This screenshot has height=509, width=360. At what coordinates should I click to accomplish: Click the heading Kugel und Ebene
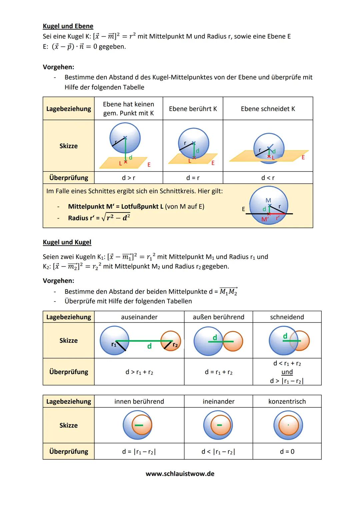point(68,26)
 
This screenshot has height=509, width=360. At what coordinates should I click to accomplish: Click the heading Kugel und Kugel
point(67,242)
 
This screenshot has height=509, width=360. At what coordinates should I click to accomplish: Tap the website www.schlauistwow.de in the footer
point(180,473)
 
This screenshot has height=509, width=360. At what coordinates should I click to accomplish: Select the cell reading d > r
point(128,178)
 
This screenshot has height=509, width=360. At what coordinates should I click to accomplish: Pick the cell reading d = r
point(193,178)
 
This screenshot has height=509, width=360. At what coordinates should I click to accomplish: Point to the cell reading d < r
point(268,178)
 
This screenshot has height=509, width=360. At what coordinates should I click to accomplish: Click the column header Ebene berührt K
point(193,109)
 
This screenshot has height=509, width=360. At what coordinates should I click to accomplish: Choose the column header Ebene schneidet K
point(268,109)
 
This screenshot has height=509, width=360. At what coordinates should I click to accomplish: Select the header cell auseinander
point(139,317)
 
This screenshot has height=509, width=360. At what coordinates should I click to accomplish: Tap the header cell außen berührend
point(218,317)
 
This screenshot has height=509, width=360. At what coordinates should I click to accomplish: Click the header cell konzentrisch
point(287,401)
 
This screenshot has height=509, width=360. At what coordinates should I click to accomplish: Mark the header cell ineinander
point(218,401)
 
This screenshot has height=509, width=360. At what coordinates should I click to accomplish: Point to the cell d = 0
point(287,451)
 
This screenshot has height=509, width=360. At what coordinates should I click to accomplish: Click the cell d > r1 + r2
point(139,372)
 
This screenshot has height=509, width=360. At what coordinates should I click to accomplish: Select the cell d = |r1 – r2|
point(139,451)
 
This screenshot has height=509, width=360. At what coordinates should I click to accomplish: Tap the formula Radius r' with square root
point(99,218)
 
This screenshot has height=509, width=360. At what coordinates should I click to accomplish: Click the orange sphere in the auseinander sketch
point(171,341)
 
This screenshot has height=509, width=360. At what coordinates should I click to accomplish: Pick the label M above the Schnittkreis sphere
point(268,200)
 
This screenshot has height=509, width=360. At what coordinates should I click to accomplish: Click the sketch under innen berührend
point(138,425)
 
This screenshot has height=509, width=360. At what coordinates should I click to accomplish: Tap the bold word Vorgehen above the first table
point(58,67)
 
